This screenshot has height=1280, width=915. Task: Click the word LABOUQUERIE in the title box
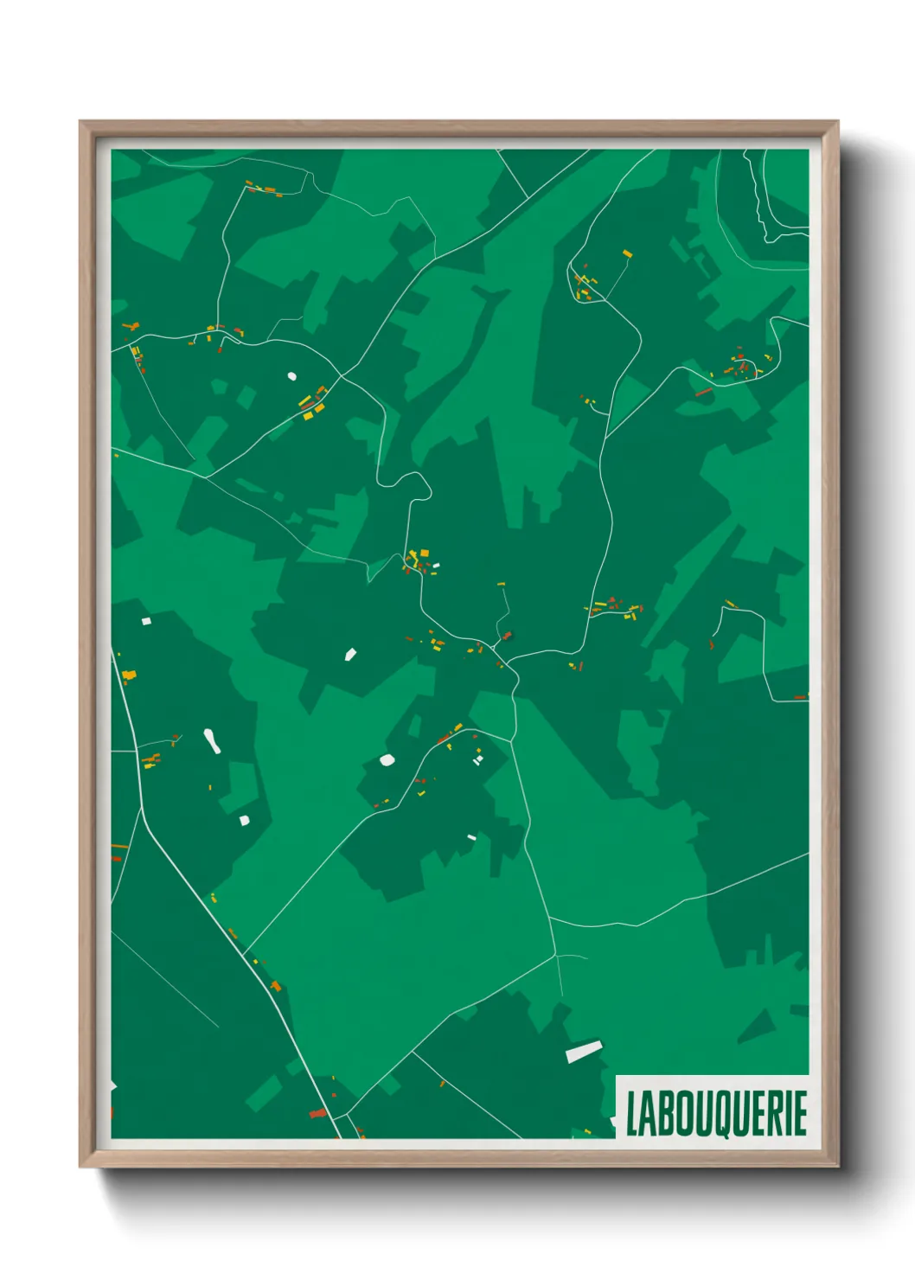point(716,1113)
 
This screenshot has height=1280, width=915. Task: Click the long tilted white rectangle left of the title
point(584,1051)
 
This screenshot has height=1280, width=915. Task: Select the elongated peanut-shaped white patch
point(211,740)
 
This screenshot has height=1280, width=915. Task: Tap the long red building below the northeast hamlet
point(704,392)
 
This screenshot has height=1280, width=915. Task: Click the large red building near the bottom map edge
point(318,1113)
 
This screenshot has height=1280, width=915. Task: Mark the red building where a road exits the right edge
point(801,696)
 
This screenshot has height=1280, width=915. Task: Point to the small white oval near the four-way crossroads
point(291,376)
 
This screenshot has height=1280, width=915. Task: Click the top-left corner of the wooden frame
point(81,123)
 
